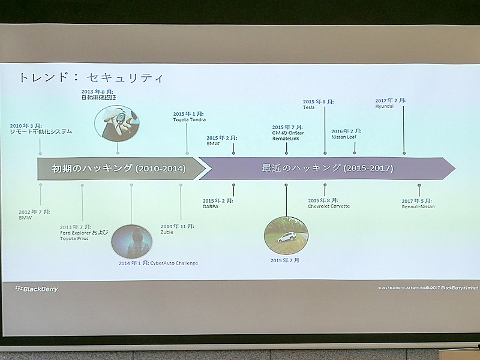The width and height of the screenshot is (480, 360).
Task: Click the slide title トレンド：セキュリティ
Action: tap(90, 79)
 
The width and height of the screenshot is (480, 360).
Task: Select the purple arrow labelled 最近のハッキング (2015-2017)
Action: tap(327, 169)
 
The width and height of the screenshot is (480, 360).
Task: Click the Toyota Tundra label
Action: tap(190, 120)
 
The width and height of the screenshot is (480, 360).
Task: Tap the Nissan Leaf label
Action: tap(344, 136)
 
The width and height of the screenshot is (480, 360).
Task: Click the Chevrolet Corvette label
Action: tap(329, 206)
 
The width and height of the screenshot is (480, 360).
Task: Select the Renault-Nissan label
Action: tap(418, 206)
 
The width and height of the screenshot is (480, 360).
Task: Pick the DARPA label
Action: tap(212, 206)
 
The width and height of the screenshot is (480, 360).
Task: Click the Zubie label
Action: tap(167, 232)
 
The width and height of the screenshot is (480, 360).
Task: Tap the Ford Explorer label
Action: tap(85, 232)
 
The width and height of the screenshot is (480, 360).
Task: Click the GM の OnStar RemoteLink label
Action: tap(287, 134)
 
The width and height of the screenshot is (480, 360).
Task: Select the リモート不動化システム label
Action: tap(40, 131)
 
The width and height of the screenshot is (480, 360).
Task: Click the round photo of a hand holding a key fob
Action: tap(116, 122)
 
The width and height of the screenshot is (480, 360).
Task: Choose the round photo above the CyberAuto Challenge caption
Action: tap(131, 241)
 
